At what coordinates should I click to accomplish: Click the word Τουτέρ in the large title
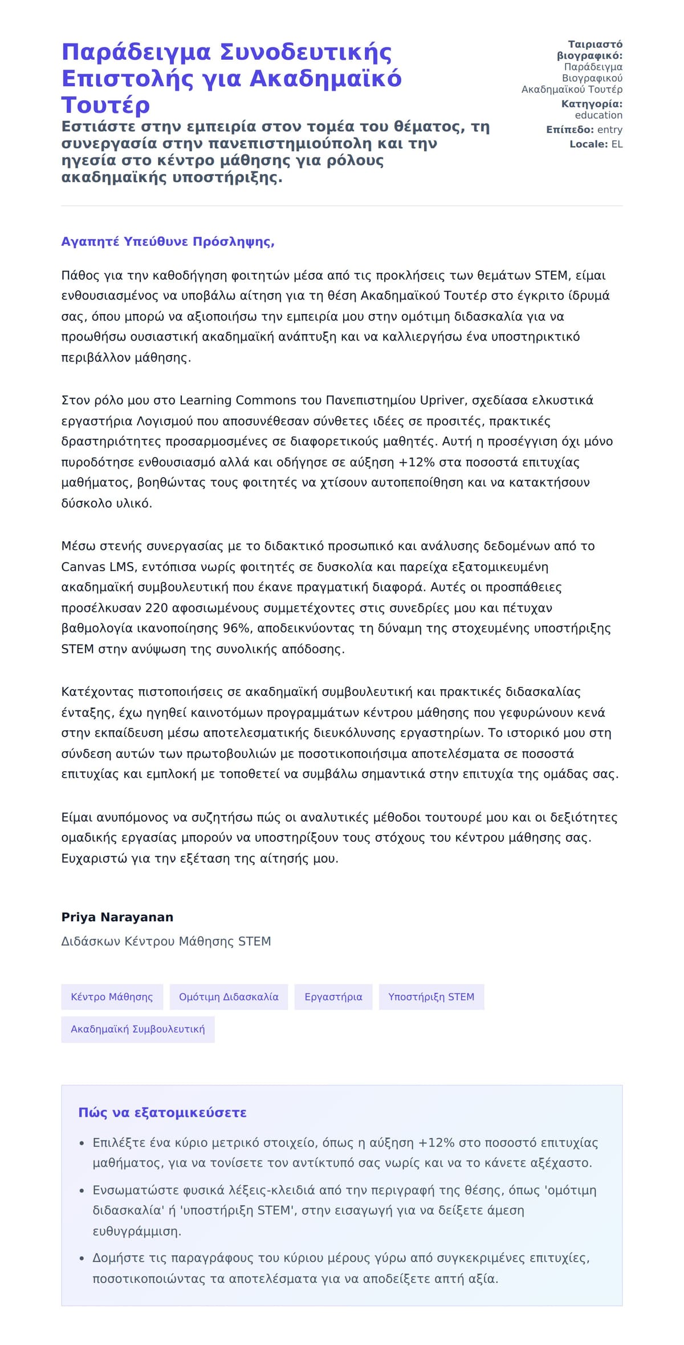[x=105, y=105]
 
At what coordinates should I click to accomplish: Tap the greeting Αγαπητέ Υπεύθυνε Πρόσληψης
[x=168, y=242]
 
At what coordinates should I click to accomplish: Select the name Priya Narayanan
[x=117, y=917]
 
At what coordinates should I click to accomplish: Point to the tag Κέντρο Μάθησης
[x=112, y=997]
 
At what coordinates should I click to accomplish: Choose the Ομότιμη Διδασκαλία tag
[x=229, y=997]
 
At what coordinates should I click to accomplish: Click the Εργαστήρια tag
[x=333, y=997]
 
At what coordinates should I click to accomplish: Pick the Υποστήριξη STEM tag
[x=431, y=997]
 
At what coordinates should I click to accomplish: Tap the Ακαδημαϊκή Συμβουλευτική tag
[x=137, y=1030]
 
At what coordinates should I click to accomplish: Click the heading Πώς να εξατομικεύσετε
[x=162, y=1113]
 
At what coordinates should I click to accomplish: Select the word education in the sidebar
[x=598, y=115]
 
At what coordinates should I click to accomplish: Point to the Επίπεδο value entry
[x=609, y=129]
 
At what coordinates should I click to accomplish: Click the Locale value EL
[x=617, y=144]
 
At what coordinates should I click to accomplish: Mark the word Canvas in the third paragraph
[x=83, y=567]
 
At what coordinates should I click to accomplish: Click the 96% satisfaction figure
[x=237, y=629]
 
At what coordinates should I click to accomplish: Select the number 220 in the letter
[x=156, y=608]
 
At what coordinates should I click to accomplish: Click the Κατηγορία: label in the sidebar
[x=592, y=104]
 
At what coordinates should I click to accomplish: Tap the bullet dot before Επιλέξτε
[x=82, y=1143]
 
